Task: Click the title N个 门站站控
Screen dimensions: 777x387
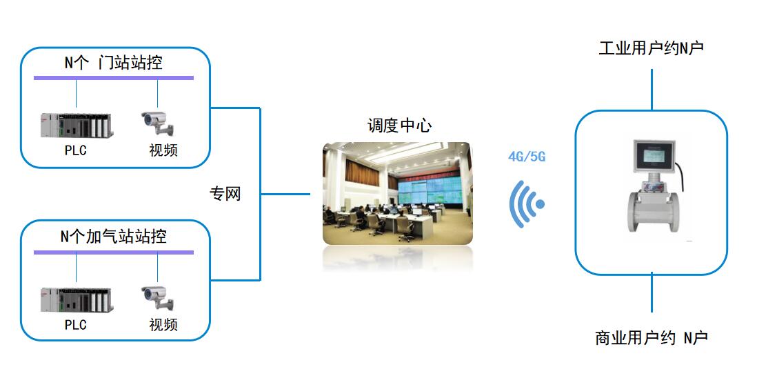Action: coord(114,63)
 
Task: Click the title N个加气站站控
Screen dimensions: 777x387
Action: coord(114,237)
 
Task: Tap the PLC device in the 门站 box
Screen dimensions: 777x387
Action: coord(77,125)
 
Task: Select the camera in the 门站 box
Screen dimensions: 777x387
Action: coord(158,123)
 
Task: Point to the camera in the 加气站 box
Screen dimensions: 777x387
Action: coord(158,297)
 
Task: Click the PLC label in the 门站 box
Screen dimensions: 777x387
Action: coord(76,150)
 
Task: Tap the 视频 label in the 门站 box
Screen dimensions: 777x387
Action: coord(163,150)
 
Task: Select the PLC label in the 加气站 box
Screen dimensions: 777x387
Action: coord(76,324)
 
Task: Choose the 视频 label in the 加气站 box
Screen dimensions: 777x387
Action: coord(163,324)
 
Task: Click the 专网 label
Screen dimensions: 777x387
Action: coord(225,194)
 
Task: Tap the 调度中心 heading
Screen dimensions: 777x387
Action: coord(399,126)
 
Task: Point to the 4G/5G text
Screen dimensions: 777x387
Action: coord(527,157)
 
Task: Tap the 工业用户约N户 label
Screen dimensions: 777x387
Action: coord(651,48)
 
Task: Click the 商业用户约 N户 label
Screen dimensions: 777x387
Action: coord(651,338)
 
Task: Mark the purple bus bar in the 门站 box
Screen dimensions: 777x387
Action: coord(114,78)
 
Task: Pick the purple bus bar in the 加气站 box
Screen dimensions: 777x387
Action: coord(114,252)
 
